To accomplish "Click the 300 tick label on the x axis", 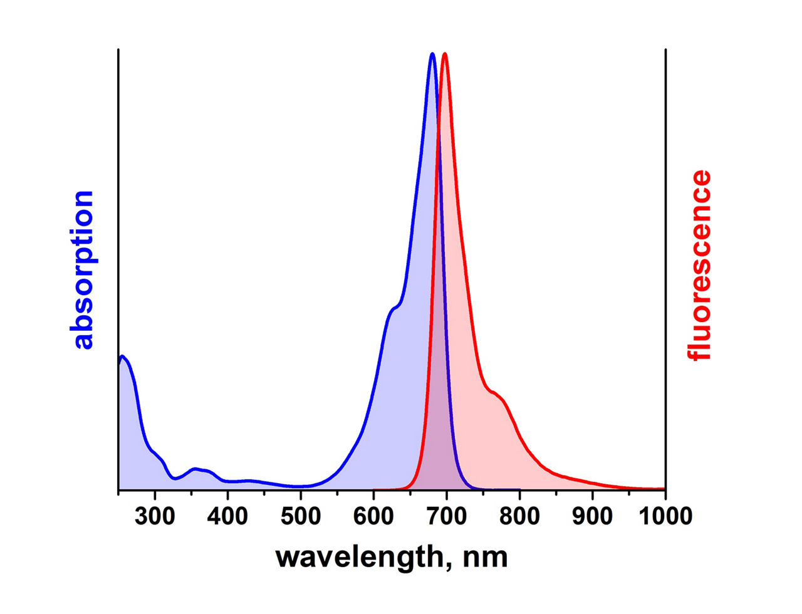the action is coord(154,516).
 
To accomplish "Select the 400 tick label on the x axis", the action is coord(227,516).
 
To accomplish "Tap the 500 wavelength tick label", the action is coord(300,516).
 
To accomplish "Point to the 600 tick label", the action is coord(373,516).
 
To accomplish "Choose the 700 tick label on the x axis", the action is coord(447,516).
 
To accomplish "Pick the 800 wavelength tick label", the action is coord(519,516).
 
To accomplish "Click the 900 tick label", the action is coord(593,516).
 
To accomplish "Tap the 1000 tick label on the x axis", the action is coord(665,516).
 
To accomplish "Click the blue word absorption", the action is coord(82,270).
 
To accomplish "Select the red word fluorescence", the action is coord(699,265).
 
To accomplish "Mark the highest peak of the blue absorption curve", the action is coord(432,54).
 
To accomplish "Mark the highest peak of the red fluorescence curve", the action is coord(445,54).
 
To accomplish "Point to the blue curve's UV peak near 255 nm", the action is coord(122,356).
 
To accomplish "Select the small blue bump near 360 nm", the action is coord(196,469).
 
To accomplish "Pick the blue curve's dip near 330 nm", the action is coord(175,479).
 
